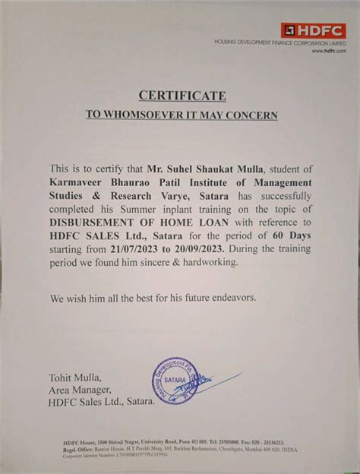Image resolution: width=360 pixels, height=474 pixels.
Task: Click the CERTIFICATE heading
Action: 182,95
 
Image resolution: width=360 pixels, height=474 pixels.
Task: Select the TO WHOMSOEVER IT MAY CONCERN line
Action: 182,115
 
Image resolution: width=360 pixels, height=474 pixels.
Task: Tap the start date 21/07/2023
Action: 137,247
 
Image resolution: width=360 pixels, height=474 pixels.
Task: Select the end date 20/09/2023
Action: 202,247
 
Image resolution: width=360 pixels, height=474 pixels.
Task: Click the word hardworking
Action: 207,261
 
